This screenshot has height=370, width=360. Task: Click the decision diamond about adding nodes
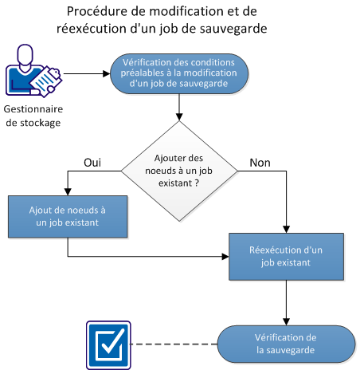(179, 168)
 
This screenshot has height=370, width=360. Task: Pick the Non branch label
(260, 162)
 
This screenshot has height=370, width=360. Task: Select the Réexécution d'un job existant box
(285, 257)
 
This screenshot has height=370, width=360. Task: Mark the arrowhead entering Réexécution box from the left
(225, 257)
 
